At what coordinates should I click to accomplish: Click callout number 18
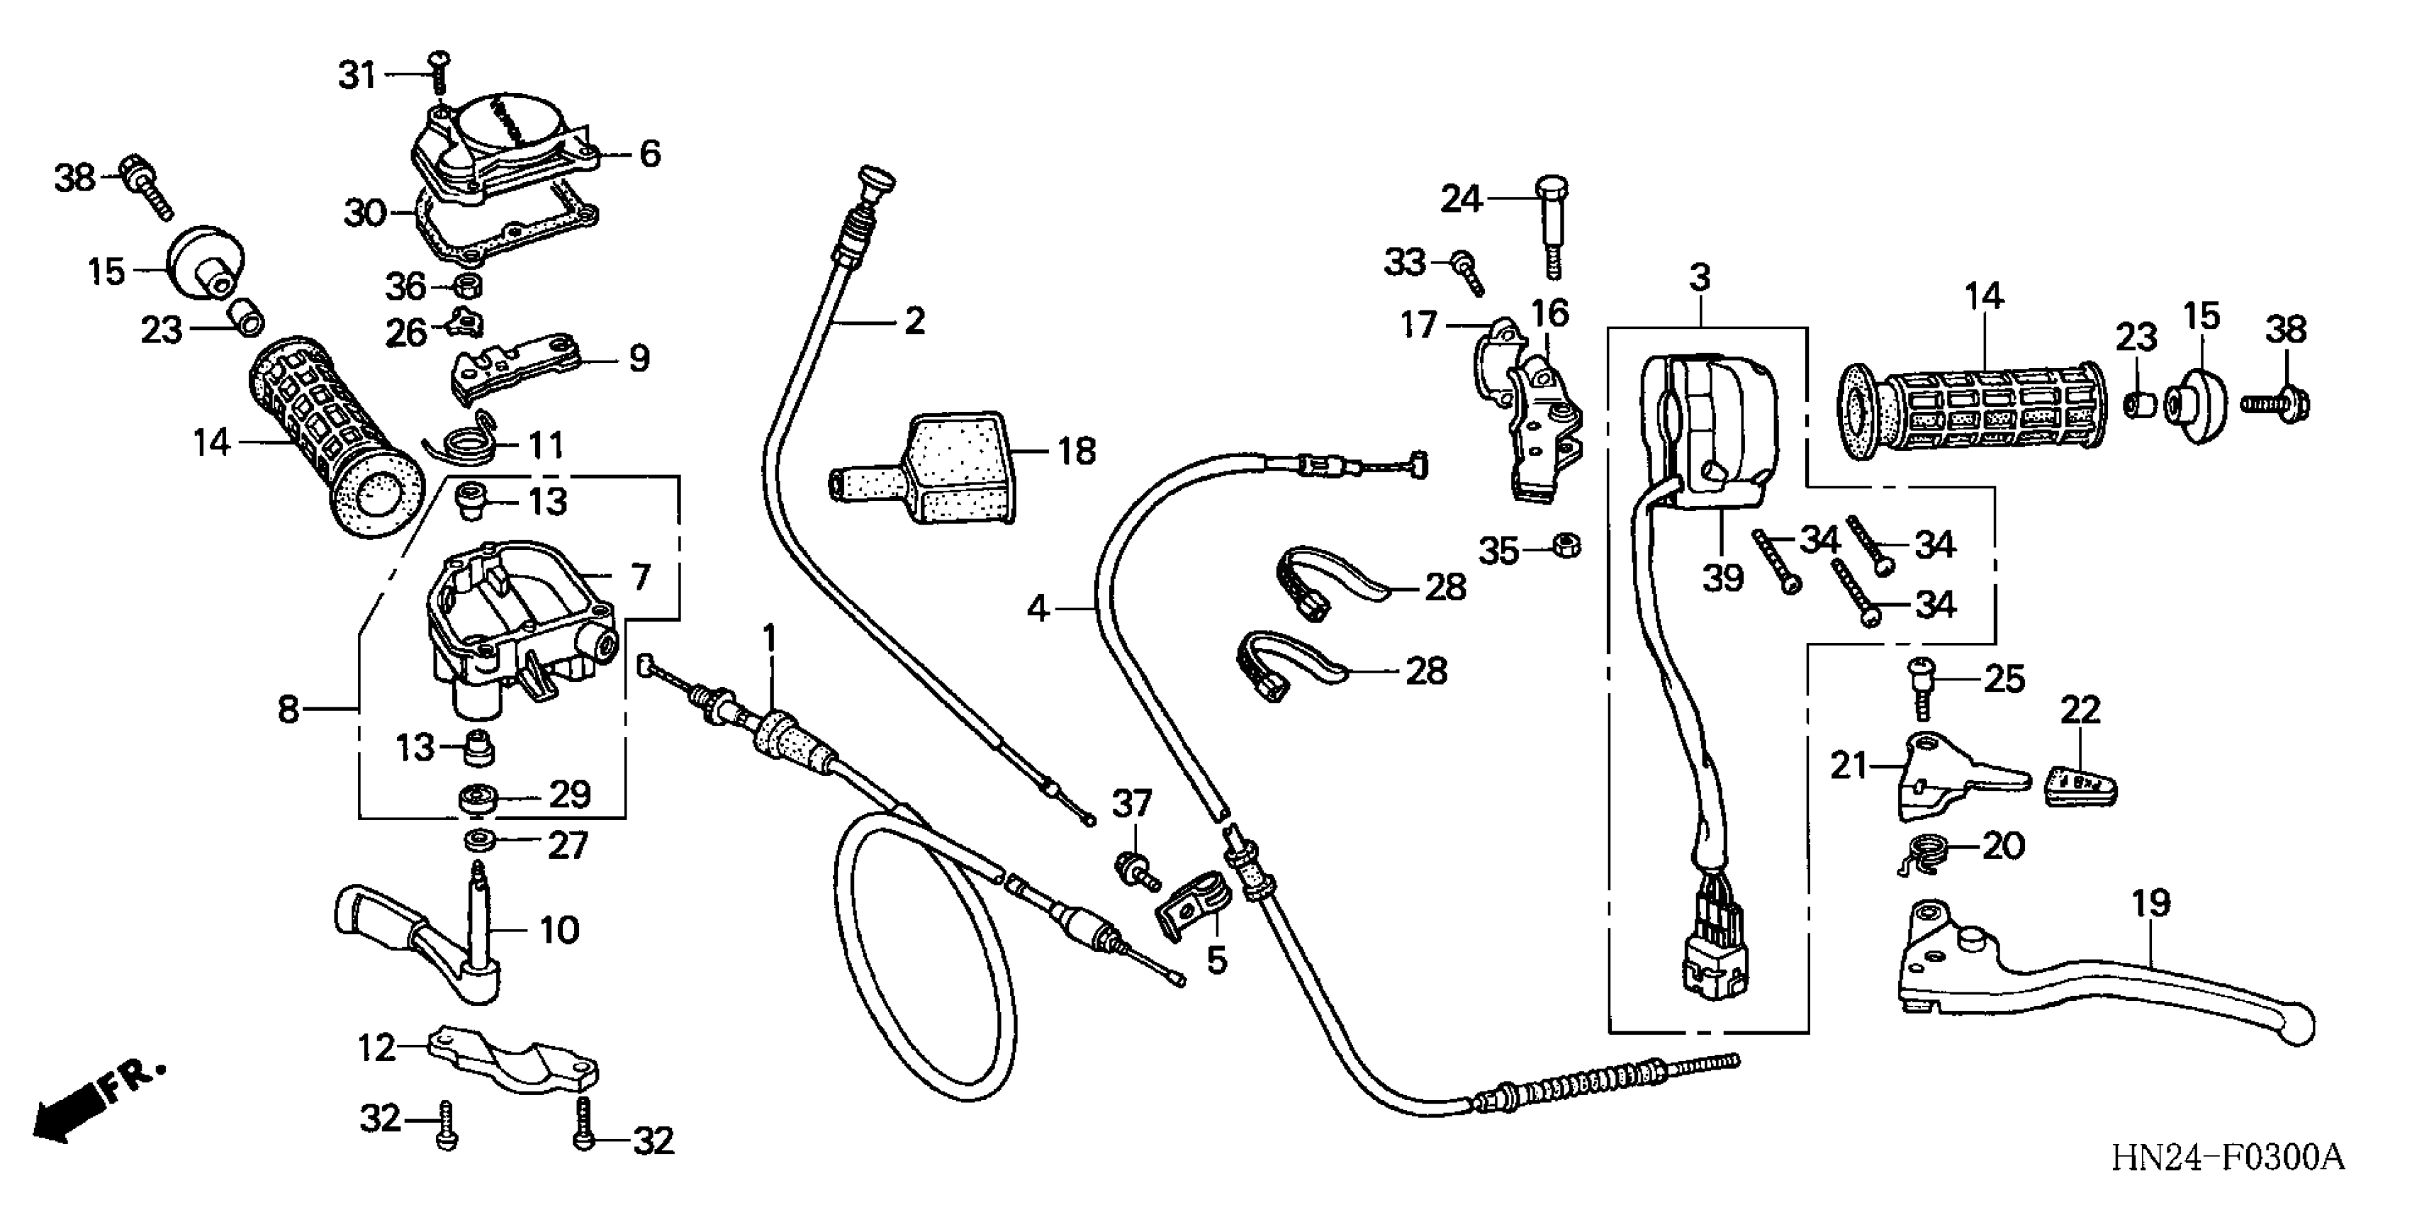tap(1076, 452)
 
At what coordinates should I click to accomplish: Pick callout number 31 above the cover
tap(357, 75)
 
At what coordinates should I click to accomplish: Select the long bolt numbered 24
tap(1552, 225)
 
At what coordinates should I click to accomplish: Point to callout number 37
tap(1131, 803)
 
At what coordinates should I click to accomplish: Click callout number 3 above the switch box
tap(1700, 278)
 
